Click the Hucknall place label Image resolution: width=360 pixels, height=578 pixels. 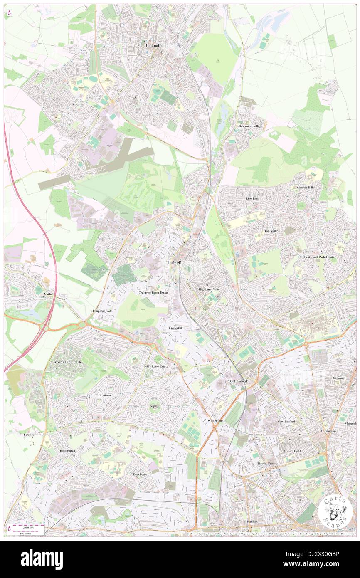tap(153, 45)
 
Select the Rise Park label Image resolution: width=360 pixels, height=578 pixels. tap(252, 198)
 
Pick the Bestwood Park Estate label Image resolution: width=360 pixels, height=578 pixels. tap(319, 257)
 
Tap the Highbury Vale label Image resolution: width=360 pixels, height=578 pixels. tap(208, 289)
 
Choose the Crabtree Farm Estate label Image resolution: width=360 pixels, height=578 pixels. tap(153, 293)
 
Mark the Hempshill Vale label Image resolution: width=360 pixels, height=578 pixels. tap(102, 311)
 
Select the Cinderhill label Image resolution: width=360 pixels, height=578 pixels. tap(176, 328)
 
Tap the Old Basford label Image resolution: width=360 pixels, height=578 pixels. tap(239, 381)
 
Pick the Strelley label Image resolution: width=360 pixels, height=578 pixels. tap(29, 435)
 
